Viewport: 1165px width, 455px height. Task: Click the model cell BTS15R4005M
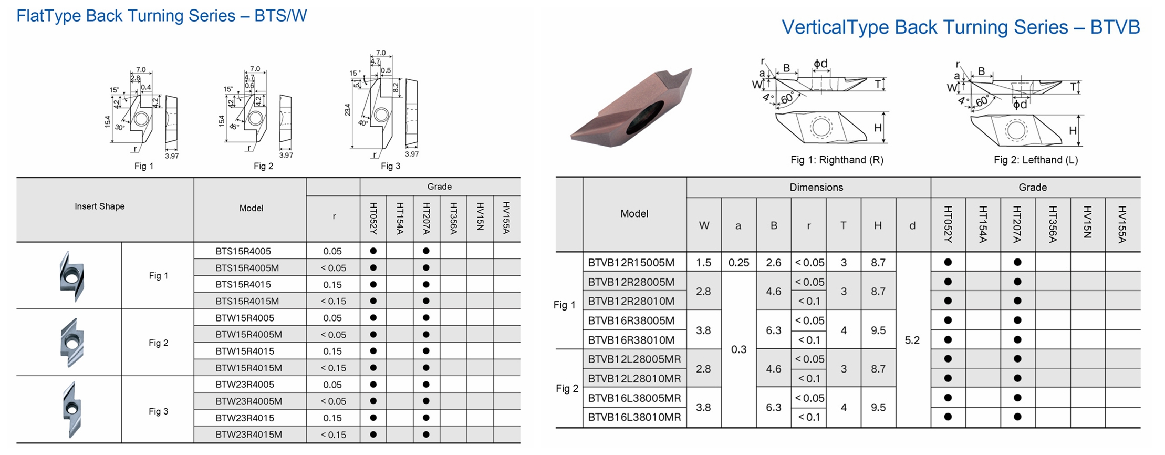click(x=247, y=268)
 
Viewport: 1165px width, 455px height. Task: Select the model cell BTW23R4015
click(x=243, y=418)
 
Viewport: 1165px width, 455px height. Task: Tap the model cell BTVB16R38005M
click(x=631, y=320)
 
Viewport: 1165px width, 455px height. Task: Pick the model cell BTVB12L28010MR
click(x=634, y=379)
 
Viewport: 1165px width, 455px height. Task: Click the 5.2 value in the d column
click(x=912, y=340)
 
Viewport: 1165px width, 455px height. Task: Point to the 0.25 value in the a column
click(x=738, y=263)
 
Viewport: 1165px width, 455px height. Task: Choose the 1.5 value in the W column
click(x=703, y=263)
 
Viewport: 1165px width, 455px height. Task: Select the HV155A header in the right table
click(x=1122, y=224)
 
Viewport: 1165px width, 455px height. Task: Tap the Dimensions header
click(x=816, y=188)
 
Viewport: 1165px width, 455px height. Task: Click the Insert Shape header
click(x=100, y=206)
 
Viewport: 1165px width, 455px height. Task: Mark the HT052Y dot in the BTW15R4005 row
click(x=373, y=318)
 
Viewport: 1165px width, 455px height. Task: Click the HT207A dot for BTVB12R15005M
click(x=1017, y=262)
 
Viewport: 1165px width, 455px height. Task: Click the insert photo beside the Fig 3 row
click(x=70, y=410)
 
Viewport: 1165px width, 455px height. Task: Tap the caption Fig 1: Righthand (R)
click(x=837, y=160)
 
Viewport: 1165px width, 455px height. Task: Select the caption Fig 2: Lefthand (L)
click(x=1035, y=160)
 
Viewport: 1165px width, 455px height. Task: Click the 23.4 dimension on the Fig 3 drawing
click(x=347, y=110)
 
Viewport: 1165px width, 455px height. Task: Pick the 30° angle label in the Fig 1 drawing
click(x=120, y=127)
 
